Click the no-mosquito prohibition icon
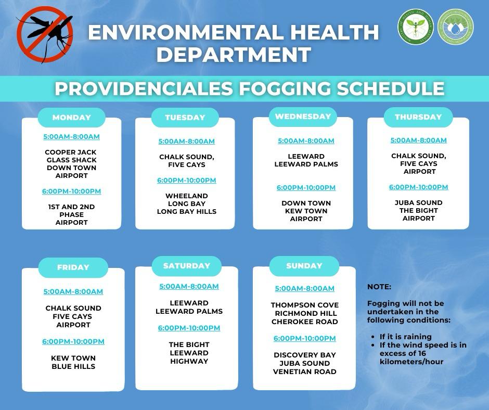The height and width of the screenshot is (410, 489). coord(45,34)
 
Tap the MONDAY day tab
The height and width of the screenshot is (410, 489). coord(71,117)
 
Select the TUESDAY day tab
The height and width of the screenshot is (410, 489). coord(185,117)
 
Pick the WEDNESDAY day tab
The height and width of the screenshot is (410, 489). coord(303,117)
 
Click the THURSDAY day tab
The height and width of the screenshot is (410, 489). coord(418,117)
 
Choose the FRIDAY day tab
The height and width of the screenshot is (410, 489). coord(73,267)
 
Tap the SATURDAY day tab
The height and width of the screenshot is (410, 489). coord(186,266)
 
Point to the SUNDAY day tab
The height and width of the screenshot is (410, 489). coord(304,266)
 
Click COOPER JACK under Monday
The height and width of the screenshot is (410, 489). coord(71,152)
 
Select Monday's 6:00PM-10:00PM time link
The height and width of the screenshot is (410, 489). coord(71,191)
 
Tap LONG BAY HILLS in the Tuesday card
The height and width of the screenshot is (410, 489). coord(186,212)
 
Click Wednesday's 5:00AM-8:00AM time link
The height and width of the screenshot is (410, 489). coord(306,140)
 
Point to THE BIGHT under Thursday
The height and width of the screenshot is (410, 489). coord(419,211)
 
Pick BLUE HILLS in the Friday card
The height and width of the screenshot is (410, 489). coord(73,367)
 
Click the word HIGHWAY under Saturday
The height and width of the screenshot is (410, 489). coord(189,361)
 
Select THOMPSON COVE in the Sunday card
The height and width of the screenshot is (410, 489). coord(305,305)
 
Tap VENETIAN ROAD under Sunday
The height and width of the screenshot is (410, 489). coord(305,371)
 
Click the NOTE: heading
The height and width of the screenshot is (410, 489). coord(379,287)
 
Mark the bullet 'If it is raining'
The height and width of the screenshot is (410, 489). coord(405,337)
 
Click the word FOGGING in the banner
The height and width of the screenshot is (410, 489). coord(285,88)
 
